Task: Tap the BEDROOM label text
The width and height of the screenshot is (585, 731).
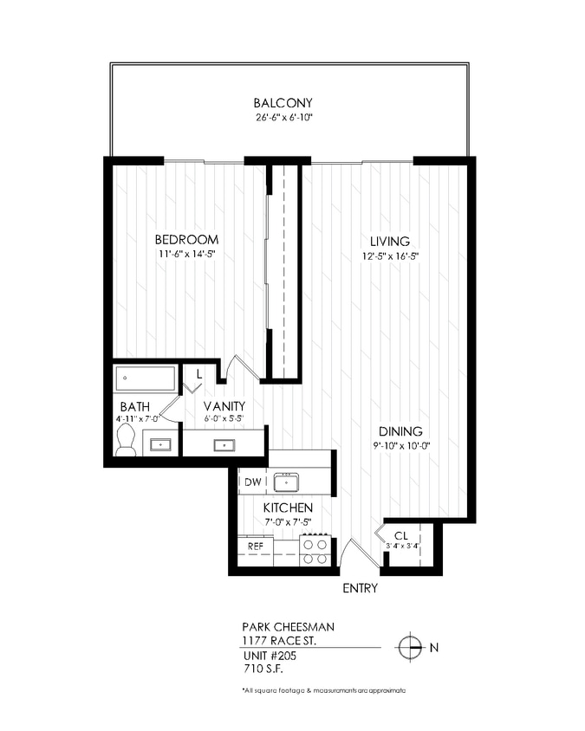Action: click(186, 240)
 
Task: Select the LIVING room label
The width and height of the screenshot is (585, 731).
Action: click(390, 241)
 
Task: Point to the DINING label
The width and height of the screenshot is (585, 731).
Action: click(400, 431)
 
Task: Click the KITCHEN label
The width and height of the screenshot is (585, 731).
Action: click(288, 508)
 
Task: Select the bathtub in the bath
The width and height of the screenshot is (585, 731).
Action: click(145, 378)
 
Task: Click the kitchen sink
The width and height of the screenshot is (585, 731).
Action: click(286, 482)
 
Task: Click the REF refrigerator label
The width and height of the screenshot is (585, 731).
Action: click(256, 547)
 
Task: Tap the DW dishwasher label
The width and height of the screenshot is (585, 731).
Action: click(252, 482)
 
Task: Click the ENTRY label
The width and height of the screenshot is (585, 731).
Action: click(358, 589)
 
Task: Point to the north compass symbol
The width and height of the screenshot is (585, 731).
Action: click(408, 647)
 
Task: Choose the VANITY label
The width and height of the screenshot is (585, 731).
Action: click(224, 405)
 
